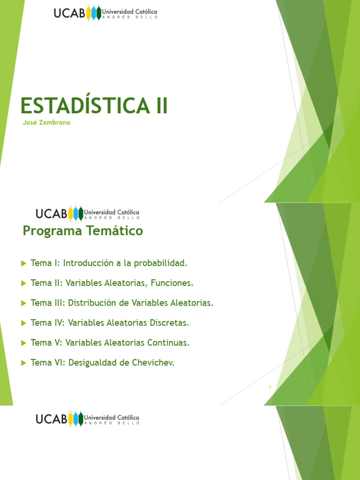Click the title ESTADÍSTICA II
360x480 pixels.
[x=94, y=105]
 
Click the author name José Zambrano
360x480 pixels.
[x=46, y=123]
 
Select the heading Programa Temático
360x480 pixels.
[x=83, y=231]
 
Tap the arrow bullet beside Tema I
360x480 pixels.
[x=24, y=263]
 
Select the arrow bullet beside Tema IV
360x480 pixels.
[x=24, y=323]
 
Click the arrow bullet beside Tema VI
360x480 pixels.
[x=24, y=363]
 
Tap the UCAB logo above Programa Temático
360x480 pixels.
[x=87, y=214]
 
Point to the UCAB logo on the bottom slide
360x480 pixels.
[x=87, y=418]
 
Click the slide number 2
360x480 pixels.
[x=270, y=387]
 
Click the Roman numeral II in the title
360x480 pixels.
[x=161, y=105]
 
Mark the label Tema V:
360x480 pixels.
[x=46, y=343]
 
